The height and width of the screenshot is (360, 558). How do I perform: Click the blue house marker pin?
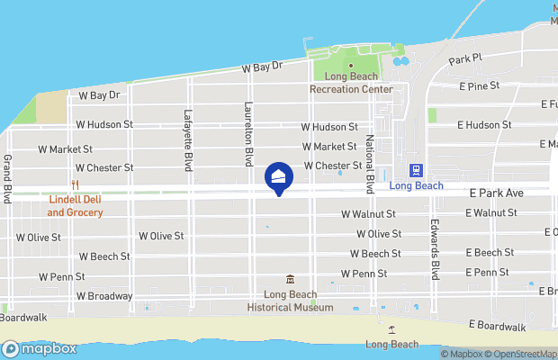(x=278, y=178)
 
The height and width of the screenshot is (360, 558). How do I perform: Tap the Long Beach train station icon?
(x=416, y=170)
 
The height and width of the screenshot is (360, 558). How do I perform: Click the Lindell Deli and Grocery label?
(x=76, y=206)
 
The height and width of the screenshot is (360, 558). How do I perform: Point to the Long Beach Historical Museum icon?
(x=290, y=279)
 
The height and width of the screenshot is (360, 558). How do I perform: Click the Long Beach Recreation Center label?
(x=351, y=84)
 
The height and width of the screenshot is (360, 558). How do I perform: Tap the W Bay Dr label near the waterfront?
(x=262, y=67)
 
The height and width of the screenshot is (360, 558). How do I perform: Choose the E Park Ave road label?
(x=494, y=193)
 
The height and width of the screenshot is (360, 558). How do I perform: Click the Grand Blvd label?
(x=7, y=177)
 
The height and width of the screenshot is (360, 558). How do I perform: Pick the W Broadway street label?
(x=104, y=296)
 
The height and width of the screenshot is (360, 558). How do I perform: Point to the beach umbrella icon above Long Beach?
(x=391, y=331)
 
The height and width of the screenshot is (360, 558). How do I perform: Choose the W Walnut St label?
(x=368, y=214)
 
